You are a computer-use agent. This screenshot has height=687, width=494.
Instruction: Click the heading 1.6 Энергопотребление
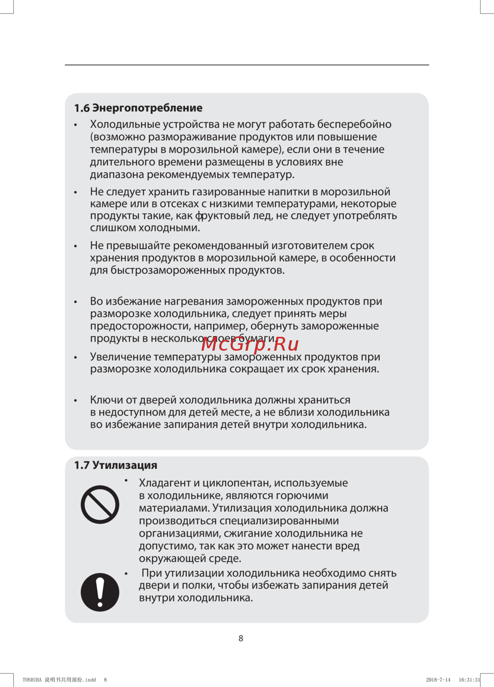(138, 108)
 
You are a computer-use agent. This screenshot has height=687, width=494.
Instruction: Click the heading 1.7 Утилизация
(116, 465)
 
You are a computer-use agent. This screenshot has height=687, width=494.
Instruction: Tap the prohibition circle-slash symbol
(100, 504)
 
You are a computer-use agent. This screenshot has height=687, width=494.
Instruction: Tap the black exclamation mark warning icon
(100, 592)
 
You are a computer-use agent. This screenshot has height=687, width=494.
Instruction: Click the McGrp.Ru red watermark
(250, 344)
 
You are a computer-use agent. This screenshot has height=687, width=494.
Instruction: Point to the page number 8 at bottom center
(241, 638)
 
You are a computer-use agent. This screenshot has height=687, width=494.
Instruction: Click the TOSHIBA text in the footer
(32, 680)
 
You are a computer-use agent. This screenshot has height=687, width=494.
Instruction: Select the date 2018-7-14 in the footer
(438, 680)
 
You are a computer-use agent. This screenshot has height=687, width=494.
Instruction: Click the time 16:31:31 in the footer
(469, 680)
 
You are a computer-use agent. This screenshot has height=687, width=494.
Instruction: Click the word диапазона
(117, 174)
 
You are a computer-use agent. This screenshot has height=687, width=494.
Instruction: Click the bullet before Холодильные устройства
(76, 125)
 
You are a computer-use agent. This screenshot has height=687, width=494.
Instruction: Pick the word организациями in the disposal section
(180, 533)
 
